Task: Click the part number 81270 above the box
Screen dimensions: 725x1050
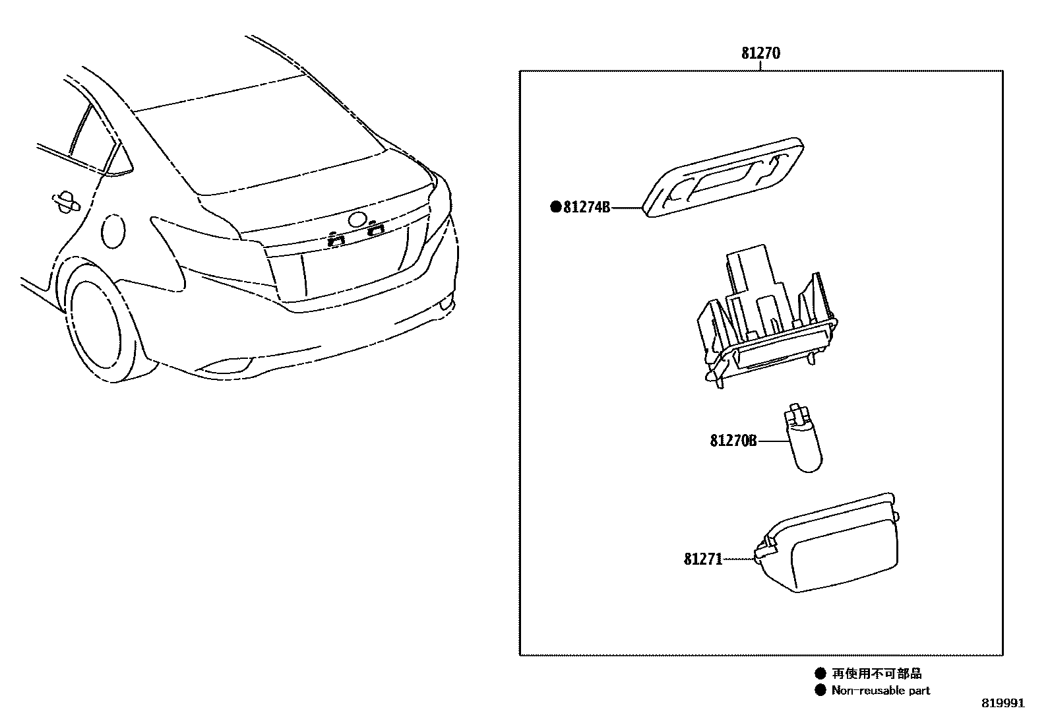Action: click(760, 53)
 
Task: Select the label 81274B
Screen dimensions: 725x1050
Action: click(587, 208)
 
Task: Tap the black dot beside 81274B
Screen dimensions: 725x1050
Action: click(555, 207)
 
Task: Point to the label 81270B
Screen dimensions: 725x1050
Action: click(733, 441)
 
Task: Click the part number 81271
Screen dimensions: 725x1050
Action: click(703, 559)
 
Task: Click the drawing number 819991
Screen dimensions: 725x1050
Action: click(1003, 703)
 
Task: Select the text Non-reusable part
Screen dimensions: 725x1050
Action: click(880, 691)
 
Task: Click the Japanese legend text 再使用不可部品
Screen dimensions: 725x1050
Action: click(877, 674)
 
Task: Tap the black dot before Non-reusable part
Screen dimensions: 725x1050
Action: click(820, 691)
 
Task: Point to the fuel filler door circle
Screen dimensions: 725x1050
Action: click(113, 231)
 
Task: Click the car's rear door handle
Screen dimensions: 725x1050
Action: click(65, 202)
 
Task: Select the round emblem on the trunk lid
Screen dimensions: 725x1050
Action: click(358, 220)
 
